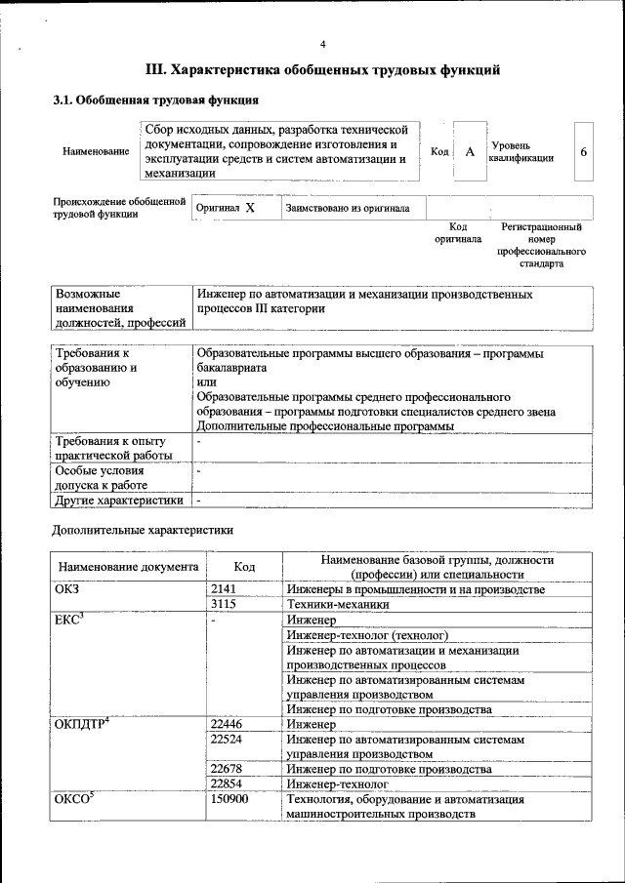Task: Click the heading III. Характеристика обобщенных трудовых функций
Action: click(323, 70)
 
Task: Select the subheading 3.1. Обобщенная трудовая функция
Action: click(154, 100)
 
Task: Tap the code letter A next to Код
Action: click(470, 152)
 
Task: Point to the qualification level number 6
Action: click(584, 152)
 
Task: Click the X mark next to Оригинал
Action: click(250, 208)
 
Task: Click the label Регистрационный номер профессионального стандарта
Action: click(541, 245)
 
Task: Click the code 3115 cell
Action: click(224, 605)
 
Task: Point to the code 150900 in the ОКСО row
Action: click(229, 800)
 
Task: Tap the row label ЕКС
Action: click(69, 621)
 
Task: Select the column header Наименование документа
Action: click(128, 567)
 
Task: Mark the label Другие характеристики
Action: click(120, 501)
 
